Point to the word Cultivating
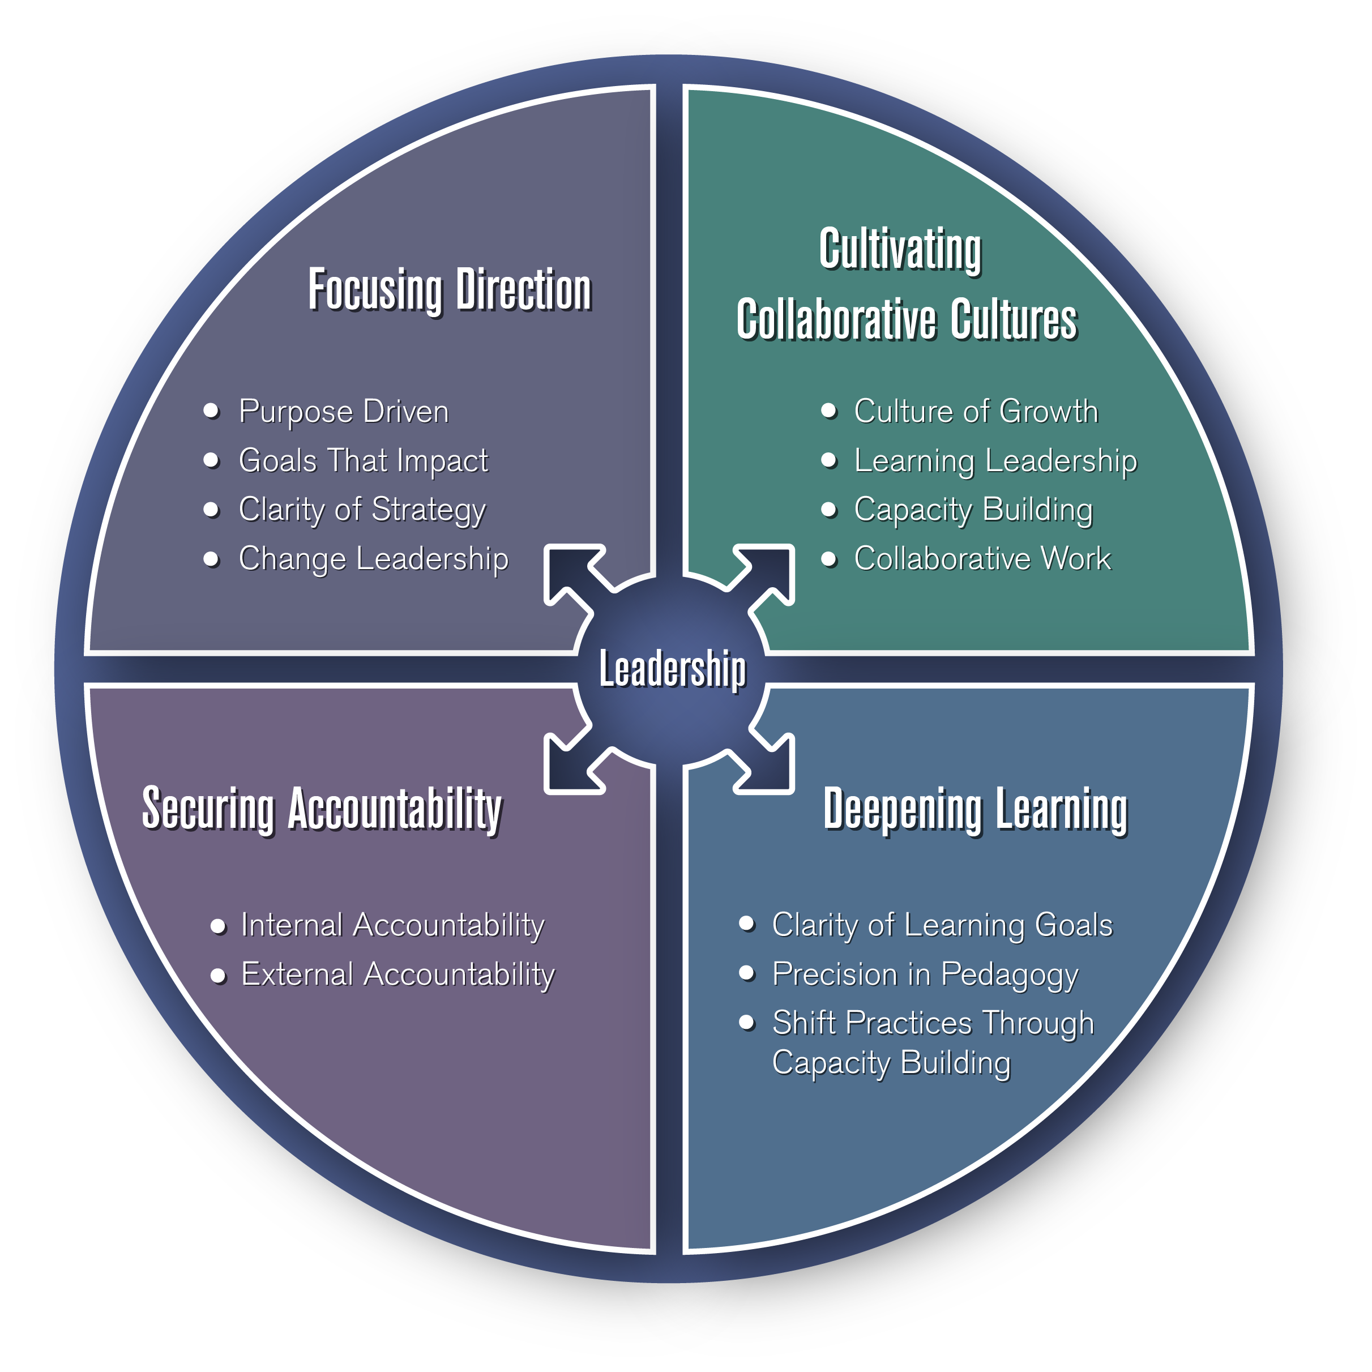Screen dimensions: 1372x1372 coord(900,249)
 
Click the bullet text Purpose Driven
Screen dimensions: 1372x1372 coord(344,411)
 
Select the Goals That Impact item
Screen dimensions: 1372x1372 coord(363,460)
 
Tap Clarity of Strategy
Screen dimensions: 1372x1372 coord(362,509)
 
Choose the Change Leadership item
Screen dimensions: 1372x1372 coord(374,558)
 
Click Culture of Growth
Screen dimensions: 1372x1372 coord(976,411)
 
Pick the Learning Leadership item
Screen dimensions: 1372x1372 coord(995,460)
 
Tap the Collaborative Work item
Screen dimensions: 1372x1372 coord(982,558)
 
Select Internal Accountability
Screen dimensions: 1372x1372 coord(393,925)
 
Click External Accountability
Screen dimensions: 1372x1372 coord(398,973)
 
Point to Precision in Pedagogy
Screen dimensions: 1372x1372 coord(925,973)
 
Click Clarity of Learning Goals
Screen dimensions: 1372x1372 coord(942,925)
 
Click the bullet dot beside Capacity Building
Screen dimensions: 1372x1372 coord(829,509)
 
